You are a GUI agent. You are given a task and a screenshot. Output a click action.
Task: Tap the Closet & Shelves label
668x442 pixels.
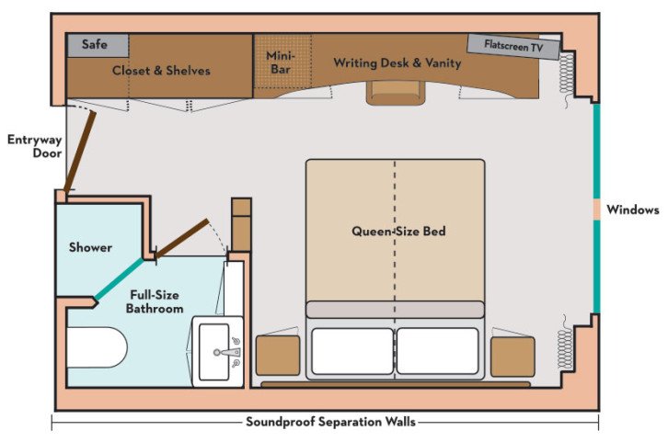(161, 71)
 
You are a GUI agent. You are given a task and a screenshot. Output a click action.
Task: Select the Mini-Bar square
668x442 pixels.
(280, 62)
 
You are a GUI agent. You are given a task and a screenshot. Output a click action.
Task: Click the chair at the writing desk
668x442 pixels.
(395, 93)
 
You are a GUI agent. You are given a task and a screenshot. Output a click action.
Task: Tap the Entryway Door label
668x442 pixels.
(34, 147)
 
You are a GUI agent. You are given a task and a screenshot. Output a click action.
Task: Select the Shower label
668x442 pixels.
(90, 247)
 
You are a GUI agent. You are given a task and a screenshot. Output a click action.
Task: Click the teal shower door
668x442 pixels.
(120, 279)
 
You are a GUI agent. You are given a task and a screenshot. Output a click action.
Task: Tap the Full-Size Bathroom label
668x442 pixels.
(153, 301)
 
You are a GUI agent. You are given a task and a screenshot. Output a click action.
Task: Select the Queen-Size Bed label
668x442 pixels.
(398, 232)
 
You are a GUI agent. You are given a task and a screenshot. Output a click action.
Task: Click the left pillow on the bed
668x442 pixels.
(351, 351)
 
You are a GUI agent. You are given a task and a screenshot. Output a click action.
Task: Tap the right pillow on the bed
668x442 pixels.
(437, 351)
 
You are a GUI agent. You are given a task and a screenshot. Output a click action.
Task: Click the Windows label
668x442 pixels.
(633, 210)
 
